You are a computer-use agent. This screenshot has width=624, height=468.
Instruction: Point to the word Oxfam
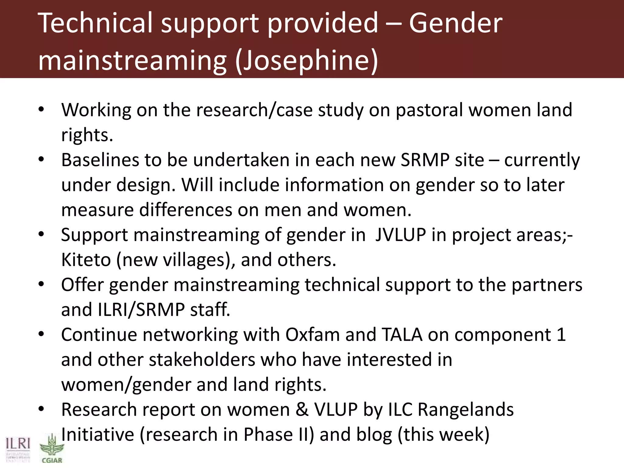click(312, 335)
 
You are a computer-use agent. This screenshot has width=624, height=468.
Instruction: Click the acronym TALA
click(402, 335)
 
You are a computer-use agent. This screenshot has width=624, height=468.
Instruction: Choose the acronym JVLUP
click(400, 235)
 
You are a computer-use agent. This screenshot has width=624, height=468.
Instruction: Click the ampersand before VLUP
click(302, 409)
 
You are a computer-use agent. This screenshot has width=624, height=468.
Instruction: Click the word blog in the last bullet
click(374, 434)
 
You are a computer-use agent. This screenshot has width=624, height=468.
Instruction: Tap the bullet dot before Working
click(41, 110)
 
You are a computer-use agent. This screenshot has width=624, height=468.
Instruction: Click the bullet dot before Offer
click(41, 285)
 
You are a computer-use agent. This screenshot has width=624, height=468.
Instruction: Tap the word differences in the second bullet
click(186, 210)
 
